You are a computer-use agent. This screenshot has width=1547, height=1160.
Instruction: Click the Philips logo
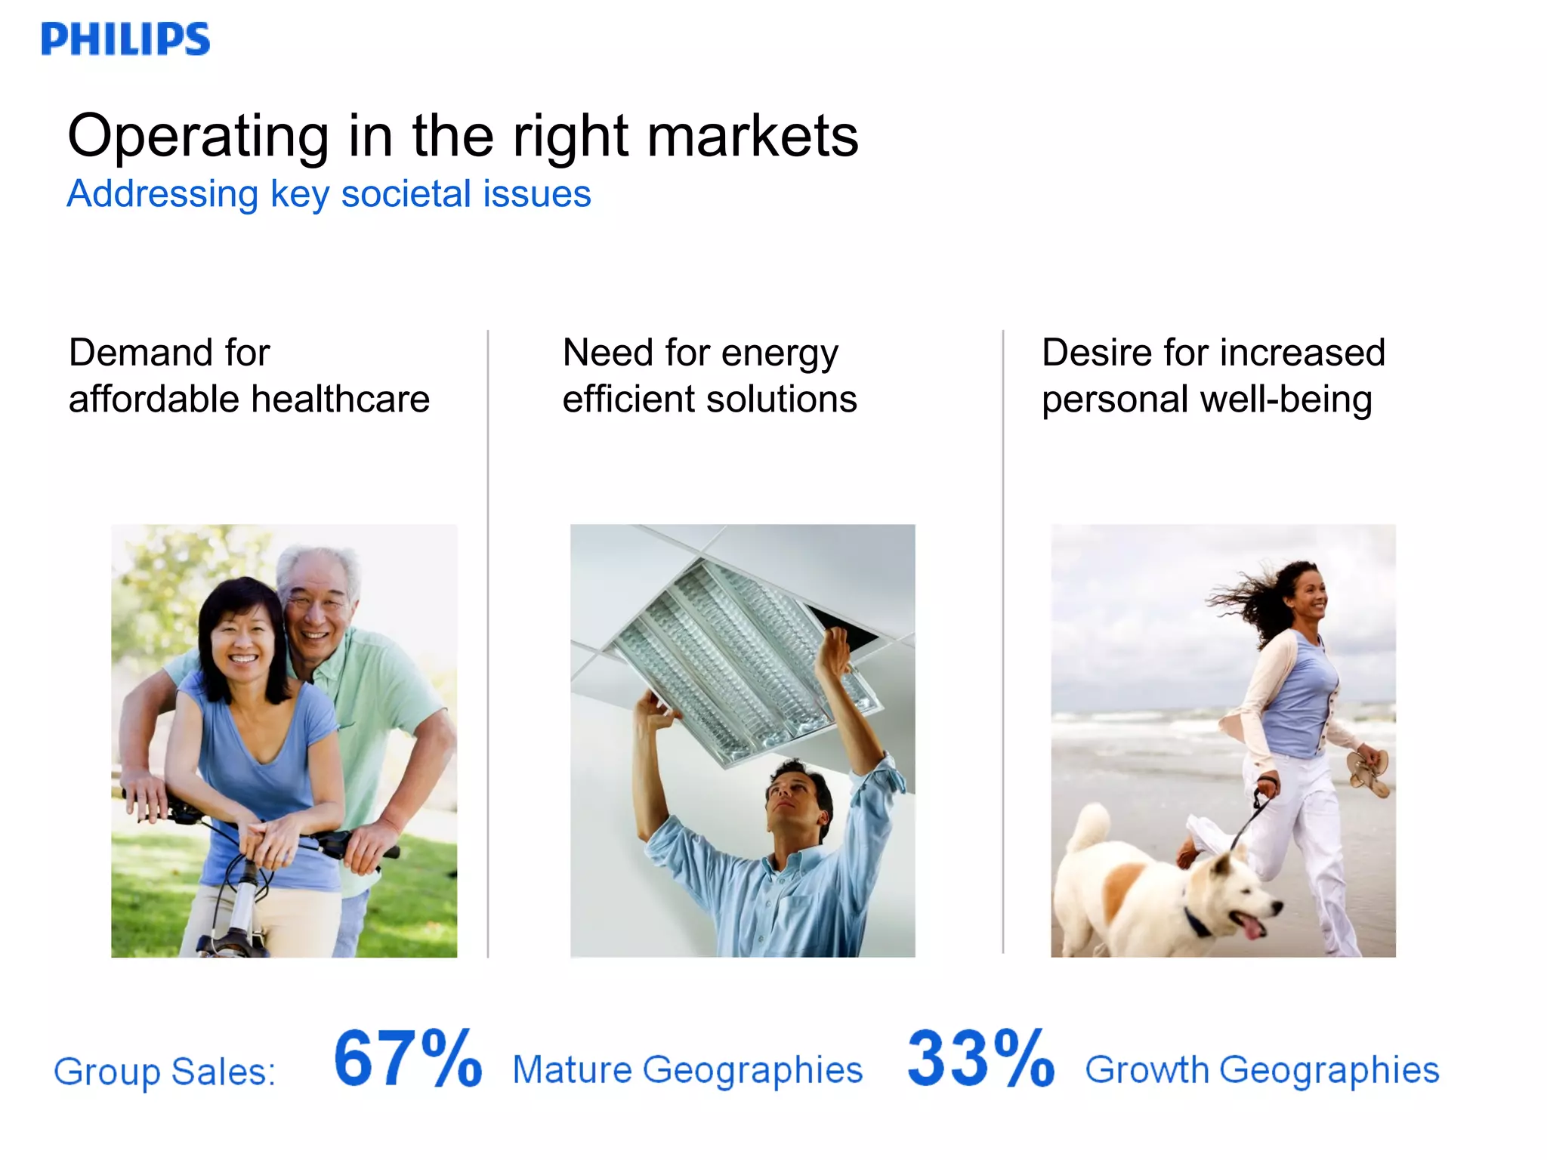pyautogui.click(x=125, y=39)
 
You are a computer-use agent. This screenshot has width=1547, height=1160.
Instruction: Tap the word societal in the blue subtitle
pyautogui.click(x=406, y=194)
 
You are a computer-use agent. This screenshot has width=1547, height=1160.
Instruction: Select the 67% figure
pyautogui.click(x=408, y=1059)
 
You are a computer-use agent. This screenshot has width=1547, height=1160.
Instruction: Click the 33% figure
pyautogui.click(x=980, y=1059)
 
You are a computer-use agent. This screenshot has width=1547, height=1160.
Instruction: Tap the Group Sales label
pyautogui.click(x=165, y=1072)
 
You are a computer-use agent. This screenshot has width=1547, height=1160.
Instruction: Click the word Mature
pyautogui.click(x=573, y=1070)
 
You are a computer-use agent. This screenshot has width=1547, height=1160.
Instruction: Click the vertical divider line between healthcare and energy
pyautogui.click(x=488, y=642)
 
